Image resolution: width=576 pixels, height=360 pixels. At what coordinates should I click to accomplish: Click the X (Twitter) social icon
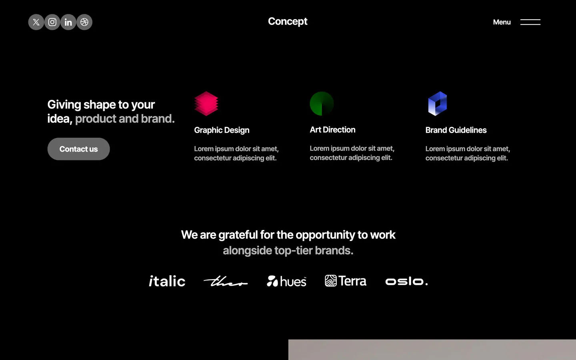pyautogui.click(x=36, y=22)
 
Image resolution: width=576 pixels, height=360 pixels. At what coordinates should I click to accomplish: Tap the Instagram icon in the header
pyautogui.click(x=52, y=22)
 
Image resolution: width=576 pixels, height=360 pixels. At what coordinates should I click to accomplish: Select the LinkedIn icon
pyautogui.click(x=68, y=22)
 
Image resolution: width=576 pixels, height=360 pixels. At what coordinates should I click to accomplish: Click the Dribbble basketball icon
pyautogui.click(x=84, y=22)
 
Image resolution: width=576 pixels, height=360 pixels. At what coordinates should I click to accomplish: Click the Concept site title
pyautogui.click(x=288, y=22)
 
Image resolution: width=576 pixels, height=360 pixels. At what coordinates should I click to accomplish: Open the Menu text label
pyautogui.click(x=502, y=22)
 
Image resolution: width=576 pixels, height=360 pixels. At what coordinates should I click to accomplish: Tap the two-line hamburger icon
pyautogui.click(x=530, y=22)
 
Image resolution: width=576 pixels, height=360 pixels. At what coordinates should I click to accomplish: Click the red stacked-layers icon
pyautogui.click(x=206, y=104)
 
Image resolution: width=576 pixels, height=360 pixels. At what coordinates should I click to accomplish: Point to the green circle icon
pyautogui.click(x=322, y=104)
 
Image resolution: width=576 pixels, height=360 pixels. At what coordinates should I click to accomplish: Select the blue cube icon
pyautogui.click(x=438, y=104)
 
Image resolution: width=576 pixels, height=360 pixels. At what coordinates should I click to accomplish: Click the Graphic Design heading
pyautogui.click(x=222, y=130)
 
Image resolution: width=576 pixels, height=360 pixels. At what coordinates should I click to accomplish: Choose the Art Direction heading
pyautogui.click(x=332, y=130)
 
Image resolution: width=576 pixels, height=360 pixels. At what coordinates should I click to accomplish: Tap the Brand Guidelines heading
pyautogui.click(x=456, y=130)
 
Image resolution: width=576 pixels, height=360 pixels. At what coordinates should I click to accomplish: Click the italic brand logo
pyautogui.click(x=167, y=281)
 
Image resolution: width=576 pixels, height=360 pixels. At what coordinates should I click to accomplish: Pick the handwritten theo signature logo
pyautogui.click(x=226, y=281)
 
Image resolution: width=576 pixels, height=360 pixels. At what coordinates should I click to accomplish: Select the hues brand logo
pyautogui.click(x=286, y=281)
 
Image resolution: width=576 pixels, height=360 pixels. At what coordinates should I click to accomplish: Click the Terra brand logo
pyautogui.click(x=345, y=281)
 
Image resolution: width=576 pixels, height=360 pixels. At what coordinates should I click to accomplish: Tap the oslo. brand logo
pyautogui.click(x=406, y=281)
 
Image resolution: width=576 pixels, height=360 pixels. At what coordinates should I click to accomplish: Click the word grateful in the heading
pyautogui.click(x=238, y=235)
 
